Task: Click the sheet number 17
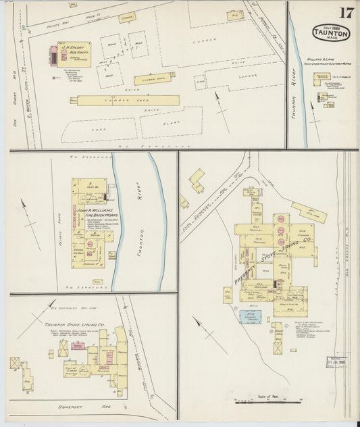click(x=346, y=13)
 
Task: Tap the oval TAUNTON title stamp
click(x=330, y=32)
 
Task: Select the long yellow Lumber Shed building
click(x=128, y=100)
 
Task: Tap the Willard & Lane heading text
click(x=326, y=59)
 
